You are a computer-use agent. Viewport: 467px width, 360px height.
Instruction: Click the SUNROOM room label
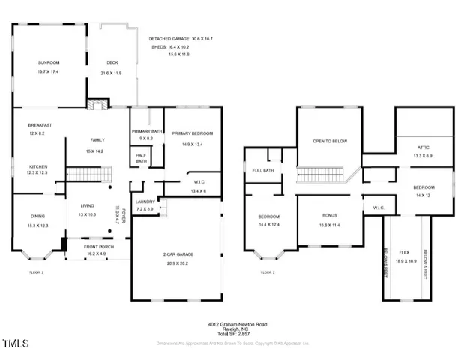point(49,62)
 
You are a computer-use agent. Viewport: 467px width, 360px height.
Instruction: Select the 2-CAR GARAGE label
point(177,254)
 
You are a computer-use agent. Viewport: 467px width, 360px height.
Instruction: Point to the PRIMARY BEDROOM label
point(193,133)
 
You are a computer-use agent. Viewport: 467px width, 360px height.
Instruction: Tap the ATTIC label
point(424,147)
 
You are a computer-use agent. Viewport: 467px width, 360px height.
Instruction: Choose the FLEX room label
point(404,252)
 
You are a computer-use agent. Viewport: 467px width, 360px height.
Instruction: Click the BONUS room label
point(329,215)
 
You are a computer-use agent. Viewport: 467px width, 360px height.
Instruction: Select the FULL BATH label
point(262,170)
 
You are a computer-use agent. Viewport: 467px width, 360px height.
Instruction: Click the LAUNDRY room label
point(145,202)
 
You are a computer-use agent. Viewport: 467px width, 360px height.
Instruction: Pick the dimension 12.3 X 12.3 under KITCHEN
point(38,173)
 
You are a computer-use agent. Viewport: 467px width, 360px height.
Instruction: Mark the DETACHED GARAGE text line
point(180,38)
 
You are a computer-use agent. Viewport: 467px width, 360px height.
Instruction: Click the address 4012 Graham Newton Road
point(237,324)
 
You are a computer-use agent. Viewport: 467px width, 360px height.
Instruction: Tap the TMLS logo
point(15,344)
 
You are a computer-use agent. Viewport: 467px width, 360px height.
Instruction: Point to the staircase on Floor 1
point(89,174)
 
